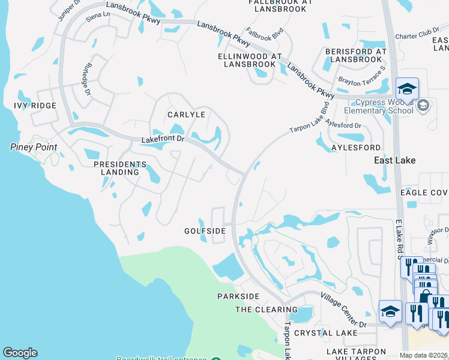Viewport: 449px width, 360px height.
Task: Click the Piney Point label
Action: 34,147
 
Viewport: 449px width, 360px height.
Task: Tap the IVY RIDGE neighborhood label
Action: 35,106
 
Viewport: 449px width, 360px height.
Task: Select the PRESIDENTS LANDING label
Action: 120,168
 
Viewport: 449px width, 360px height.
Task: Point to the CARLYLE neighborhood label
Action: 186,115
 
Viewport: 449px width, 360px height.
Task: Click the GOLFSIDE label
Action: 205,230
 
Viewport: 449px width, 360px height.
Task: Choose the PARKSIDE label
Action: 238,296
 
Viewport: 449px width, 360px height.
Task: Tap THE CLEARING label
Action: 266,310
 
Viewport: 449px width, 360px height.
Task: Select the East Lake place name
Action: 395,160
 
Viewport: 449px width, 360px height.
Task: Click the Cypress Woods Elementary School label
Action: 379,106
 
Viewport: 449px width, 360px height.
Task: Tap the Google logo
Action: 20,353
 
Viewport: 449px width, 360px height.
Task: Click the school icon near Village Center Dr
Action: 390,311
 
